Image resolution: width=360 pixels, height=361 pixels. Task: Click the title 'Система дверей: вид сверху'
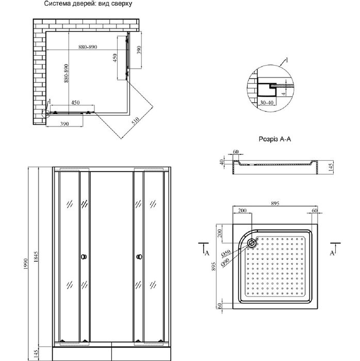(x=88, y=4)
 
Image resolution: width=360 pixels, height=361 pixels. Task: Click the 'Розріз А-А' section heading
(x=275, y=139)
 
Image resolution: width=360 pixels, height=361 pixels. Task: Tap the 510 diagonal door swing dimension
(x=136, y=121)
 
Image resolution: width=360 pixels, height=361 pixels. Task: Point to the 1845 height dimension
(x=36, y=257)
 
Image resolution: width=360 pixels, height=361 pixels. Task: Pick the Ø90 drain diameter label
(x=225, y=262)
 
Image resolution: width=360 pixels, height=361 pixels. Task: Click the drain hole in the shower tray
(x=252, y=243)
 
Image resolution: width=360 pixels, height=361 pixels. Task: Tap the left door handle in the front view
(x=84, y=257)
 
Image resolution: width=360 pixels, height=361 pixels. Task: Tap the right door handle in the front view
(x=139, y=257)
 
